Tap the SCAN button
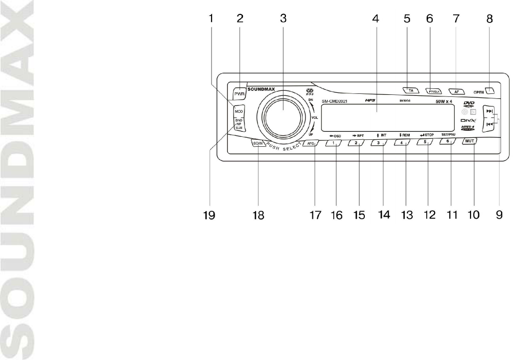257,144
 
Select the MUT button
469,142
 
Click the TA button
411,90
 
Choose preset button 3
379,143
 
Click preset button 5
425,142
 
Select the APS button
310,144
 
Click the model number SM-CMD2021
335,101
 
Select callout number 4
375,19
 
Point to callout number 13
406,216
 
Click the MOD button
238,111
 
